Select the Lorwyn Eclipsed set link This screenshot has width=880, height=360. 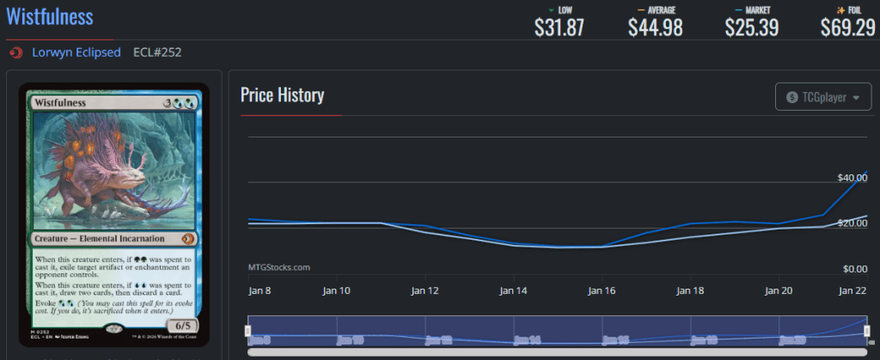coord(76,52)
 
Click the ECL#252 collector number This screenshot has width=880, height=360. coord(157,52)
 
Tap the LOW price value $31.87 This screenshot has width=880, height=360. coord(559,27)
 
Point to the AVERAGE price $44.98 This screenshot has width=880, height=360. coord(655,27)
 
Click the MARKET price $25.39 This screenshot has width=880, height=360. coord(751,27)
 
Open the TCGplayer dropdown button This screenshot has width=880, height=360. coord(822,98)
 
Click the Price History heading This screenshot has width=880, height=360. coord(282,95)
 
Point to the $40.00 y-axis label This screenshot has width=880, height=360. coord(852,177)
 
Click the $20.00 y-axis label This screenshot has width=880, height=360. coord(852,223)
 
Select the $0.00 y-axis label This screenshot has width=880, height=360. coord(854,269)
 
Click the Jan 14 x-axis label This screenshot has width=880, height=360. coord(515,291)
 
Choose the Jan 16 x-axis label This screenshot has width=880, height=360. coord(602,291)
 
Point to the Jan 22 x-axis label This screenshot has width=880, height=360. coord(852,291)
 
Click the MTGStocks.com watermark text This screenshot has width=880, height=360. coord(278,267)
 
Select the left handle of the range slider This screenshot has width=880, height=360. coord(248,331)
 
